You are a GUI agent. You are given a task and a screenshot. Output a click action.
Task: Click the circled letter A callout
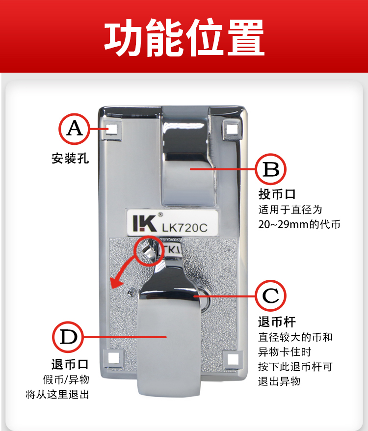[x=74, y=129]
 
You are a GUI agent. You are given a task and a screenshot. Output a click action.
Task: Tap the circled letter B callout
[x=270, y=169]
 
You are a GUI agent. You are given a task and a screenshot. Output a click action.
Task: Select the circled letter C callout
[x=270, y=296]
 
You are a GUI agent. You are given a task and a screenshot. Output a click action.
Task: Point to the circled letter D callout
[x=68, y=337]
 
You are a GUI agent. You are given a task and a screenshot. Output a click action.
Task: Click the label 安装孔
[x=70, y=159]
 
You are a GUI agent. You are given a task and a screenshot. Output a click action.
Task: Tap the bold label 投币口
[x=277, y=194]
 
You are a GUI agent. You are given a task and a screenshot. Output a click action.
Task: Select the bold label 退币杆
[x=277, y=322]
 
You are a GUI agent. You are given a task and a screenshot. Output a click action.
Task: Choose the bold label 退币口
[x=70, y=364]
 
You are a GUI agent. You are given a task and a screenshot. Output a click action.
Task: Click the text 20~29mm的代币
[x=299, y=224]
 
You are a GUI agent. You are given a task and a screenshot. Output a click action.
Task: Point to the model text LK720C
[x=184, y=227]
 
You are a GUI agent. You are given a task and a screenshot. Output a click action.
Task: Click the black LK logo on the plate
[x=145, y=223]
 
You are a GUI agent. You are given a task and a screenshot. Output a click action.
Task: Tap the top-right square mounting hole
[x=232, y=129]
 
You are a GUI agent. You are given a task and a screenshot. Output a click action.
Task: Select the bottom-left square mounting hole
[x=113, y=358]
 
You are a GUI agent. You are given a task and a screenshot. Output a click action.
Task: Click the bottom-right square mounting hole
[x=233, y=359]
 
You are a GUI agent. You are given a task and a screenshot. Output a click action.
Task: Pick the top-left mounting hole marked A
[x=111, y=129]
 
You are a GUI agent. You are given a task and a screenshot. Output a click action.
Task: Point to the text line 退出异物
[x=279, y=381]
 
